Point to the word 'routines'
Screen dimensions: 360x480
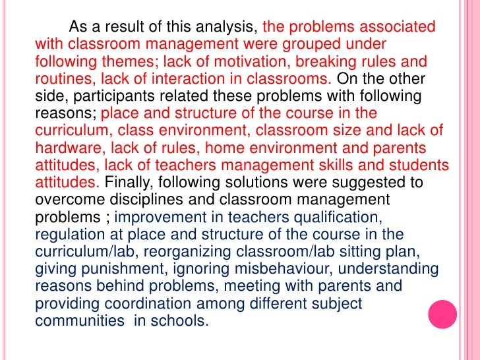(62, 79)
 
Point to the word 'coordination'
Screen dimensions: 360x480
(139, 303)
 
